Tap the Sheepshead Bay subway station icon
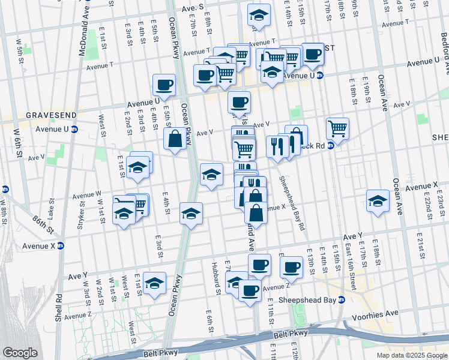tap(342, 300)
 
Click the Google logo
tap(19, 353)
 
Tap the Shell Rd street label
tap(59, 305)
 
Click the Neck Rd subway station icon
tap(330, 145)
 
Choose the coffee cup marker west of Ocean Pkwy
tap(164, 85)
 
